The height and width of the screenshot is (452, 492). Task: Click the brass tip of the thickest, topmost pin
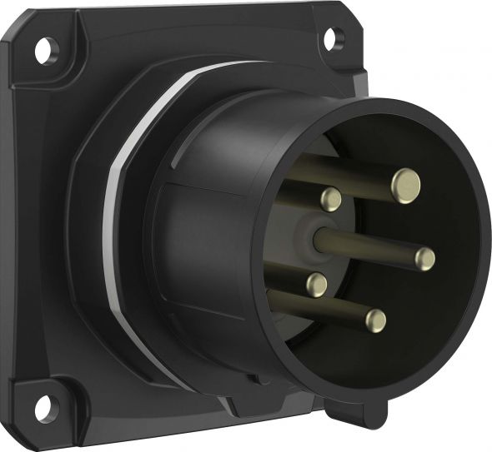(406, 179)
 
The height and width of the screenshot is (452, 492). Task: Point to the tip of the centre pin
(425, 257)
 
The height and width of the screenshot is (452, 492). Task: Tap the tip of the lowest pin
(377, 320)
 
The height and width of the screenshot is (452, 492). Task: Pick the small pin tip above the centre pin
(330, 198)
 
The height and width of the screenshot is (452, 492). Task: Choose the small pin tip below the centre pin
(317, 285)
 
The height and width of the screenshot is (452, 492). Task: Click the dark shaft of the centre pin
(367, 246)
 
